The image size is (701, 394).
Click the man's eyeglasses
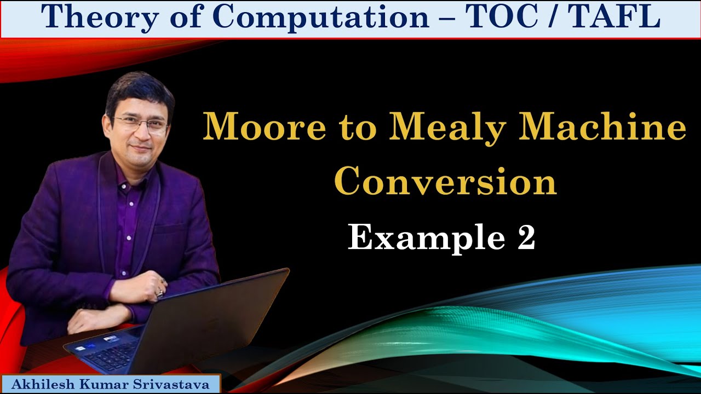[x=141, y=124]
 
